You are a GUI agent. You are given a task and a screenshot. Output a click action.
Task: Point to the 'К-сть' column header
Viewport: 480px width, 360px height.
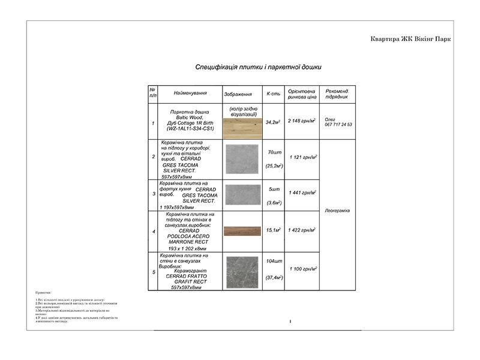coord(273,94)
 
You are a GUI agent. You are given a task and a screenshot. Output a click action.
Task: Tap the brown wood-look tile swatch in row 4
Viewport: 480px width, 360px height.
coord(243,231)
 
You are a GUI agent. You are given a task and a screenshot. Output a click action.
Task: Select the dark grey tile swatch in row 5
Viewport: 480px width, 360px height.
coord(243,272)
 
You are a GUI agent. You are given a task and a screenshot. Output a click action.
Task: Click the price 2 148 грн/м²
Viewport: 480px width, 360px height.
coord(302,121)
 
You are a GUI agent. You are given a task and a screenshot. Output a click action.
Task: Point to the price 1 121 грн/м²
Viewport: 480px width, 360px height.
coord(302,157)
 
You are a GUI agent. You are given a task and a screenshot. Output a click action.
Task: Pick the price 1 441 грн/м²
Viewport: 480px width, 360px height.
coord(302,193)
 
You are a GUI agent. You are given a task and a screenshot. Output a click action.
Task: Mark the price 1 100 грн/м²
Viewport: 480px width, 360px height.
coord(302,269)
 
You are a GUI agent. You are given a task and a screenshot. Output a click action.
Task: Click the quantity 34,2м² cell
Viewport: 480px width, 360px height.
coord(273,122)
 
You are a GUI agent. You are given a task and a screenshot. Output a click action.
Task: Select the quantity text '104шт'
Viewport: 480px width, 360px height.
coord(274,262)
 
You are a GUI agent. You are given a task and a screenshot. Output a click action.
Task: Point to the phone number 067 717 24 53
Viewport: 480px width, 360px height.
coord(338,125)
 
